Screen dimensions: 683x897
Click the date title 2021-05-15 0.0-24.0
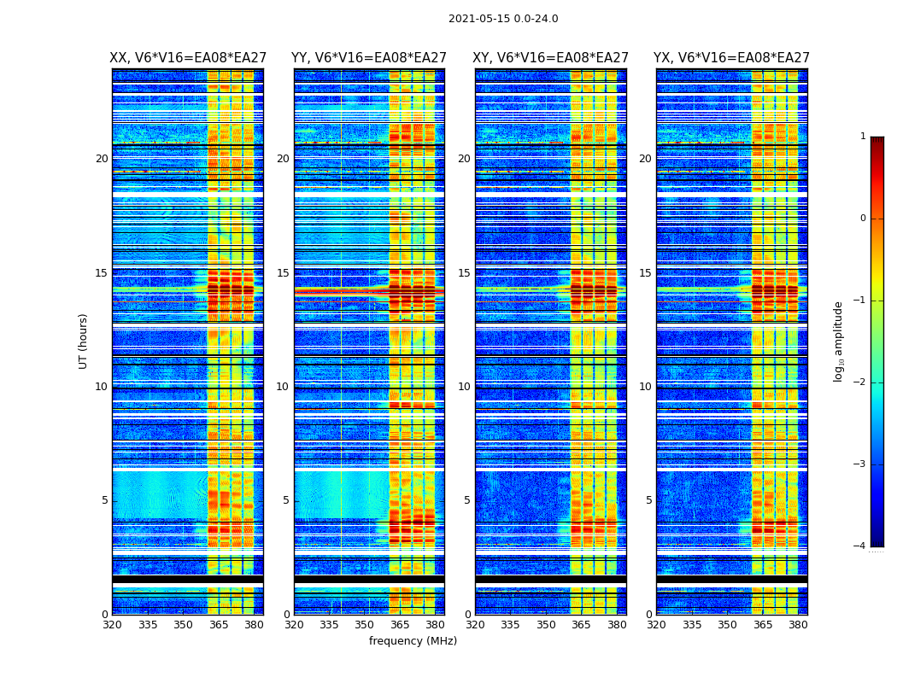[503, 19]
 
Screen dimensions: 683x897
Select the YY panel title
[369, 58]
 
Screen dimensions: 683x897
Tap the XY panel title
[550, 58]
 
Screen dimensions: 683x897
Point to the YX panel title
[731, 58]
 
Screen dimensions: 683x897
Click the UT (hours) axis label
[83, 341]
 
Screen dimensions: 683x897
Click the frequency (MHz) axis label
[413, 641]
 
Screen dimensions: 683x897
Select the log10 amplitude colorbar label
[839, 341]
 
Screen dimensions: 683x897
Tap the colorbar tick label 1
[863, 137]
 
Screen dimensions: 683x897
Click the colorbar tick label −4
[860, 546]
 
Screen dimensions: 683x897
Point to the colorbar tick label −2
[860, 382]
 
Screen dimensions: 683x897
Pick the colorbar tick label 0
[863, 219]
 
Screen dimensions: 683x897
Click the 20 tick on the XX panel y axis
[102, 159]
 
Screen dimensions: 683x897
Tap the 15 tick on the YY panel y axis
[283, 273]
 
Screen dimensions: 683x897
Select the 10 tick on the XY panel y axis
[464, 387]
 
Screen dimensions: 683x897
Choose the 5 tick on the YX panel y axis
[648, 500]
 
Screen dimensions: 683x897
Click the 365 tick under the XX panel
[219, 625]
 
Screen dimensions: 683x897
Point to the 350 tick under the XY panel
[546, 625]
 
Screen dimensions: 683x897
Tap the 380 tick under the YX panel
[798, 625]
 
